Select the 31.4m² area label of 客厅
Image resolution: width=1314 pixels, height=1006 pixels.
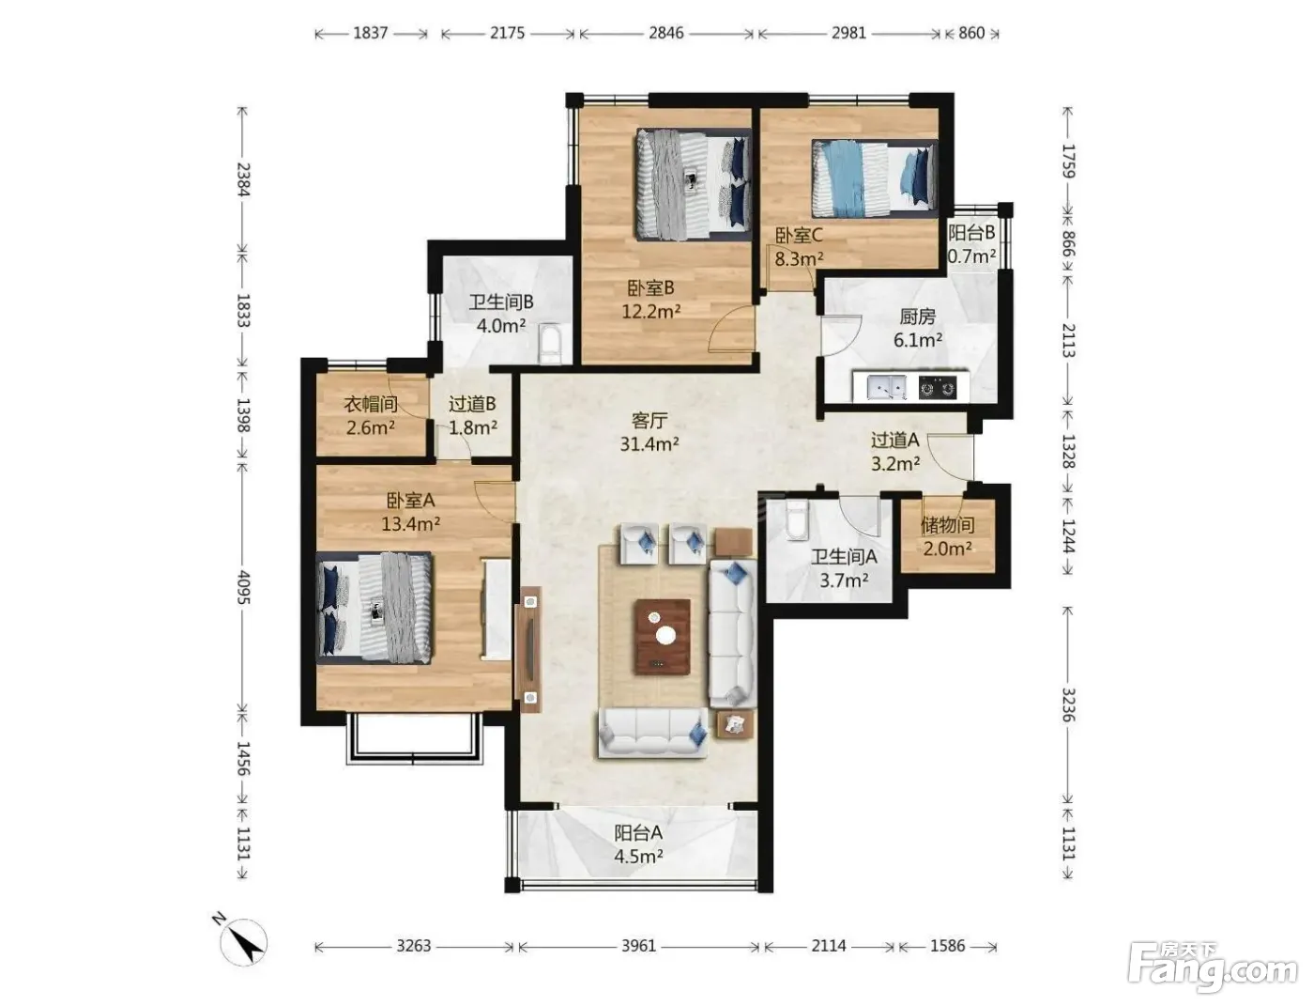(x=649, y=444)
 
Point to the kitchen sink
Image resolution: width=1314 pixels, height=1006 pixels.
(x=885, y=387)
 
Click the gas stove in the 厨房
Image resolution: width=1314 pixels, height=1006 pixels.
(x=937, y=388)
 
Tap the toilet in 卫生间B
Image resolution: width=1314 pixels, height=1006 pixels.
(x=549, y=344)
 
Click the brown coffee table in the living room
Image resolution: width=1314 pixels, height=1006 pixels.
(x=662, y=636)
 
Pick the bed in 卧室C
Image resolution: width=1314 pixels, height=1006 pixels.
(x=874, y=178)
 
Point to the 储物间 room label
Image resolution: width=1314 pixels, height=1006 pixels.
(x=947, y=525)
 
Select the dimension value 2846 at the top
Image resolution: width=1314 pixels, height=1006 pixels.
(x=665, y=32)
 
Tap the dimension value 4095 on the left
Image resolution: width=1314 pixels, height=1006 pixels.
(x=243, y=587)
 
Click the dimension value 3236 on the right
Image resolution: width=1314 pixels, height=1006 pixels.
(x=1068, y=704)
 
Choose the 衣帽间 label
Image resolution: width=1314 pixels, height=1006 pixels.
(x=370, y=404)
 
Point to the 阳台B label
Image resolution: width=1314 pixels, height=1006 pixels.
(x=971, y=232)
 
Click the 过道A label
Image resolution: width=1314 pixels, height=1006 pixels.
(x=894, y=441)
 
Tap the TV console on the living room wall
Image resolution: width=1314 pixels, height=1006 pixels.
(x=529, y=649)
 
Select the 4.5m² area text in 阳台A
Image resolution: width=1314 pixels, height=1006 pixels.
(x=638, y=857)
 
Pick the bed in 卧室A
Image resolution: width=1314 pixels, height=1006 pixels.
(x=374, y=608)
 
